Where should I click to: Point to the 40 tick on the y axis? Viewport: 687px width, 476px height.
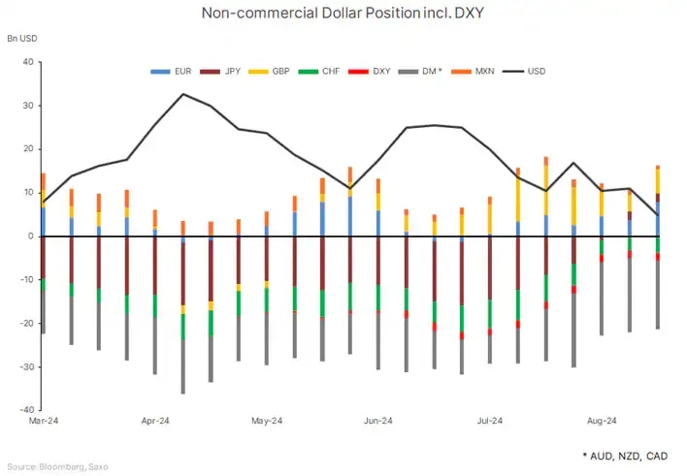pyautogui.click(x=27, y=62)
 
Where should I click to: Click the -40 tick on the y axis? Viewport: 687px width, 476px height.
pyautogui.click(x=25, y=410)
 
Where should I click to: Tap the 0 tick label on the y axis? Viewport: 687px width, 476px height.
pyautogui.click(x=30, y=237)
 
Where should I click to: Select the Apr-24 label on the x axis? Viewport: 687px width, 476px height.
pyautogui.click(x=155, y=422)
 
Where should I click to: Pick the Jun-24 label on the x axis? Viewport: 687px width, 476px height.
pyautogui.click(x=377, y=422)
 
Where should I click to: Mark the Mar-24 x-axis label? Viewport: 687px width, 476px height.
pyautogui.click(x=44, y=422)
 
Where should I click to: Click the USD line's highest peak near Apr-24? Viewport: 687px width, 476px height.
pyautogui.click(x=183, y=94)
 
